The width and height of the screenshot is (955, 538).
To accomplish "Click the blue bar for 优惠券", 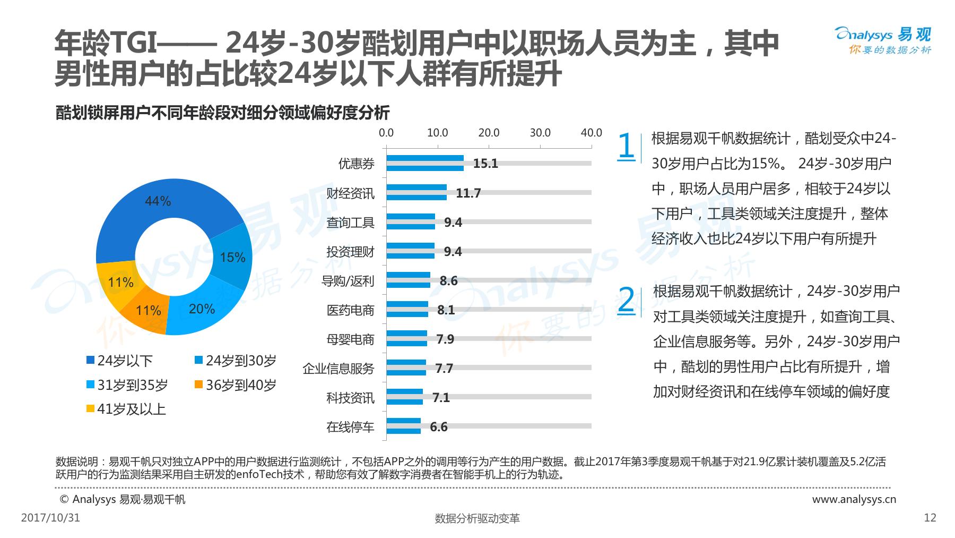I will pyautogui.click(x=424, y=163).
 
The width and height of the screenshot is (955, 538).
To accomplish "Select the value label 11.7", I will pyautogui.click(x=468, y=193).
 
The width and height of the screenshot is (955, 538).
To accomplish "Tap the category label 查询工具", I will pyautogui.click(x=350, y=223).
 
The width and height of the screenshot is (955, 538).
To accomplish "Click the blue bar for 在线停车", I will pyautogui.click(x=403, y=426).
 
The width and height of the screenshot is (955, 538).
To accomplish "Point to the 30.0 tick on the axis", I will pyautogui.click(x=540, y=133).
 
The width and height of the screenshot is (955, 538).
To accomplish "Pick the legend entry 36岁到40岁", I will pyautogui.click(x=236, y=385).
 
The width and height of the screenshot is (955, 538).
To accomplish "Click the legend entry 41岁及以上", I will pyautogui.click(x=126, y=409).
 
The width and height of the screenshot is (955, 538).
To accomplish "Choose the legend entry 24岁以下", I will pyautogui.click(x=120, y=361).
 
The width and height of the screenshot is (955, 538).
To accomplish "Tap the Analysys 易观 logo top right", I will pyautogui.click(x=883, y=40).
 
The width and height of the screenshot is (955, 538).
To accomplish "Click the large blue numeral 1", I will pyautogui.click(x=627, y=146).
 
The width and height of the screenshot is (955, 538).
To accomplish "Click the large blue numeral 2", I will pyautogui.click(x=627, y=300).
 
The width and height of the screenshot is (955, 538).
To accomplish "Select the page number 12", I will pyautogui.click(x=930, y=518).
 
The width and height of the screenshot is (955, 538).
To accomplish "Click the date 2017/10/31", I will pyautogui.click(x=50, y=518).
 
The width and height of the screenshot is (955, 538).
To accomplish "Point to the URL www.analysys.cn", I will pyautogui.click(x=854, y=499).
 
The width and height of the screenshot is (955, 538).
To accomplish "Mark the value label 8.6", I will pyautogui.click(x=448, y=281).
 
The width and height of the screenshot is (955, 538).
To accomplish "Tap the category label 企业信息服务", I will pyautogui.click(x=338, y=369).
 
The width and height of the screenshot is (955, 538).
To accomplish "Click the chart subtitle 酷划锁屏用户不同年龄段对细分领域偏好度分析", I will pyautogui.click(x=222, y=113).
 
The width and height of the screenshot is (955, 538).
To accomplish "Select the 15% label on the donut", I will pyautogui.click(x=232, y=258).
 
